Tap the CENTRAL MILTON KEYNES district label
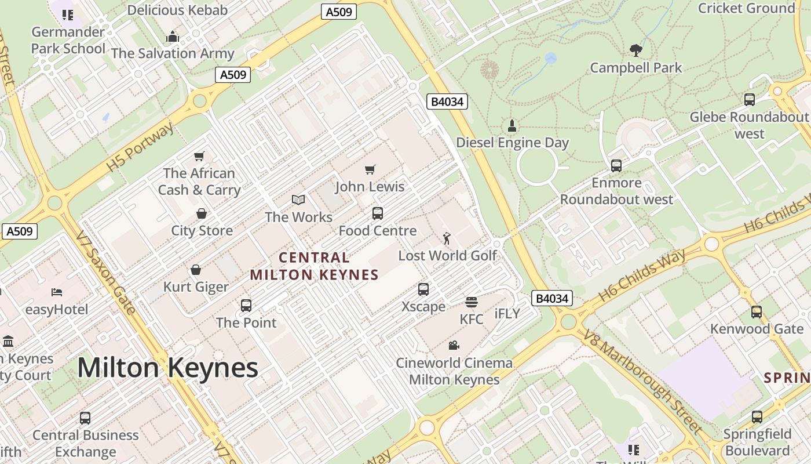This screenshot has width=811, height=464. (x=314, y=266)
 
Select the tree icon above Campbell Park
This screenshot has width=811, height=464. (x=636, y=50)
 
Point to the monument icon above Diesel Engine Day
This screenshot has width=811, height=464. (x=512, y=125)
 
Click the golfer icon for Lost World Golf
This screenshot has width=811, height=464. (x=447, y=238)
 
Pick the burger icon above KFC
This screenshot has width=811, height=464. (x=471, y=302)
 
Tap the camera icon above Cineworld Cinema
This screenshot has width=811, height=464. (x=454, y=346)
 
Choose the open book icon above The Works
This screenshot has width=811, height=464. (x=298, y=200)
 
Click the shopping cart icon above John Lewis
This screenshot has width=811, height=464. (x=370, y=169)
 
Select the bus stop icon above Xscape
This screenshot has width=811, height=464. (x=423, y=289)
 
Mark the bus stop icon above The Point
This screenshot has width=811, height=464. (x=246, y=306)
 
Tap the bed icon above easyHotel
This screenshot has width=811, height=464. (x=57, y=292)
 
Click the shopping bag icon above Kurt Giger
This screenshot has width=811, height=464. (x=196, y=270)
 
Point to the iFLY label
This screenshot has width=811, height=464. (x=507, y=314)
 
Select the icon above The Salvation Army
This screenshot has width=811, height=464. (x=173, y=37)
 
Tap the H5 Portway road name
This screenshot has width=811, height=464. (x=140, y=147)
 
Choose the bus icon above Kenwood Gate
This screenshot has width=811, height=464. (x=757, y=312)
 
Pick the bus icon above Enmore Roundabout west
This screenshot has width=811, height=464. (x=616, y=166)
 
